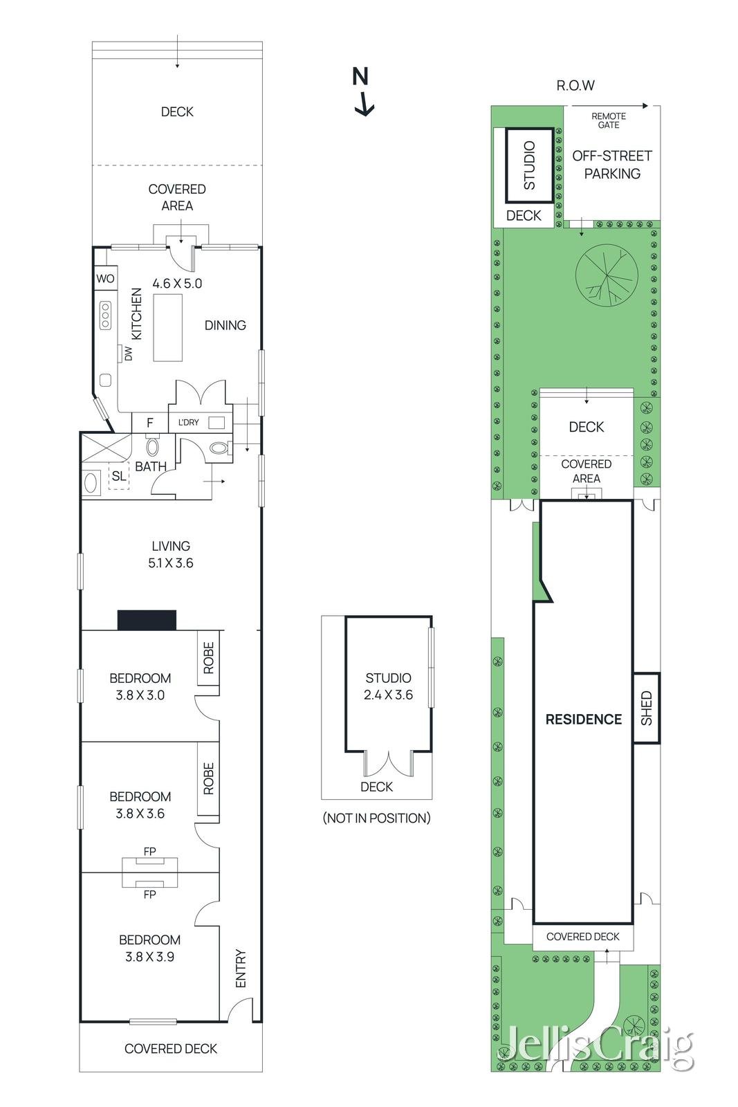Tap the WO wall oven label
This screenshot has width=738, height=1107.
click(x=105, y=279)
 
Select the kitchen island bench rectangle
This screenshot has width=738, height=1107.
click(x=167, y=327)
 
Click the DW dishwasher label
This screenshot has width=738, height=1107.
click(x=128, y=353)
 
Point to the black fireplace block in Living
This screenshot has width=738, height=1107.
click(x=147, y=620)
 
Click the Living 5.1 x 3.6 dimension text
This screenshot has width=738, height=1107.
click(x=171, y=563)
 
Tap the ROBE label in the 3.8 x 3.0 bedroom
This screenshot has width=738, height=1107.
click(x=209, y=658)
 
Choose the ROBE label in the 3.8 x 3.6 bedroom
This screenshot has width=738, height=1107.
click(x=209, y=778)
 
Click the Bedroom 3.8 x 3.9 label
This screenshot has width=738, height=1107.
click(x=149, y=948)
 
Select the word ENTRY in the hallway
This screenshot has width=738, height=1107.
click(x=241, y=968)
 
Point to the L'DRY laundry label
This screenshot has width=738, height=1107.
click(x=188, y=423)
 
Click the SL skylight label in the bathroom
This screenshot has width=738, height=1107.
click(x=119, y=476)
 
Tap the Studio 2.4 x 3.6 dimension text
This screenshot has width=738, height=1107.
click(x=388, y=695)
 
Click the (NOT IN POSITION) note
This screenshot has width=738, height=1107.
click(x=376, y=818)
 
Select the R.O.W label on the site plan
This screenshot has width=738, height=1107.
click(x=575, y=85)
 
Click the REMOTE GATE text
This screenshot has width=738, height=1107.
click(x=609, y=120)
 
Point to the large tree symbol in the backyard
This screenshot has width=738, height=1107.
click(x=607, y=276)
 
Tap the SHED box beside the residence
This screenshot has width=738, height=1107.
click(x=647, y=708)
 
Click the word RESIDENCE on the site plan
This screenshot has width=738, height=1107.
click(x=583, y=720)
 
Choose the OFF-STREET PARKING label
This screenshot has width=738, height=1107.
click(x=612, y=165)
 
